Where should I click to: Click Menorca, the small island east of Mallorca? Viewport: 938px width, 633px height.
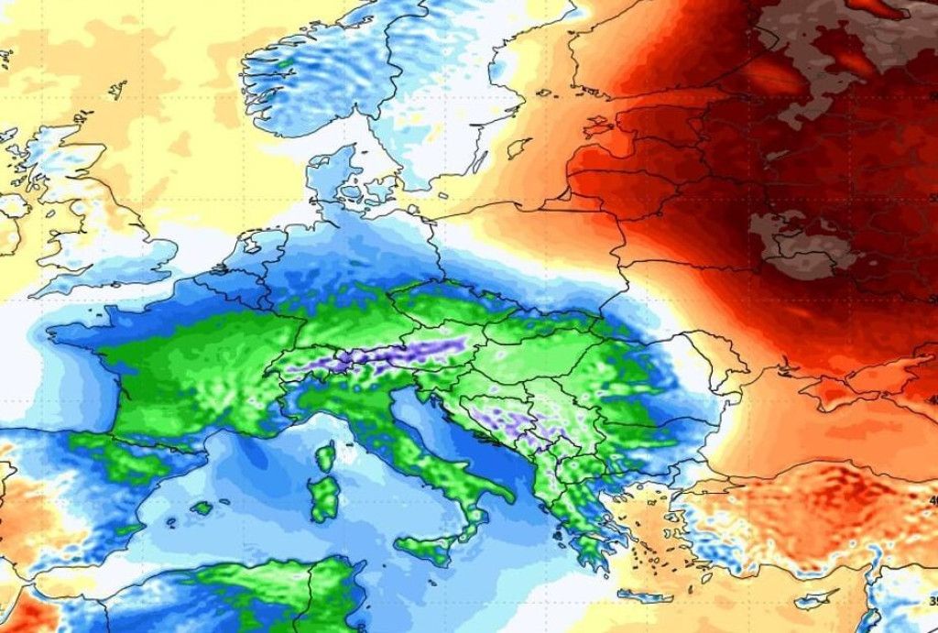coord(224,499)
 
